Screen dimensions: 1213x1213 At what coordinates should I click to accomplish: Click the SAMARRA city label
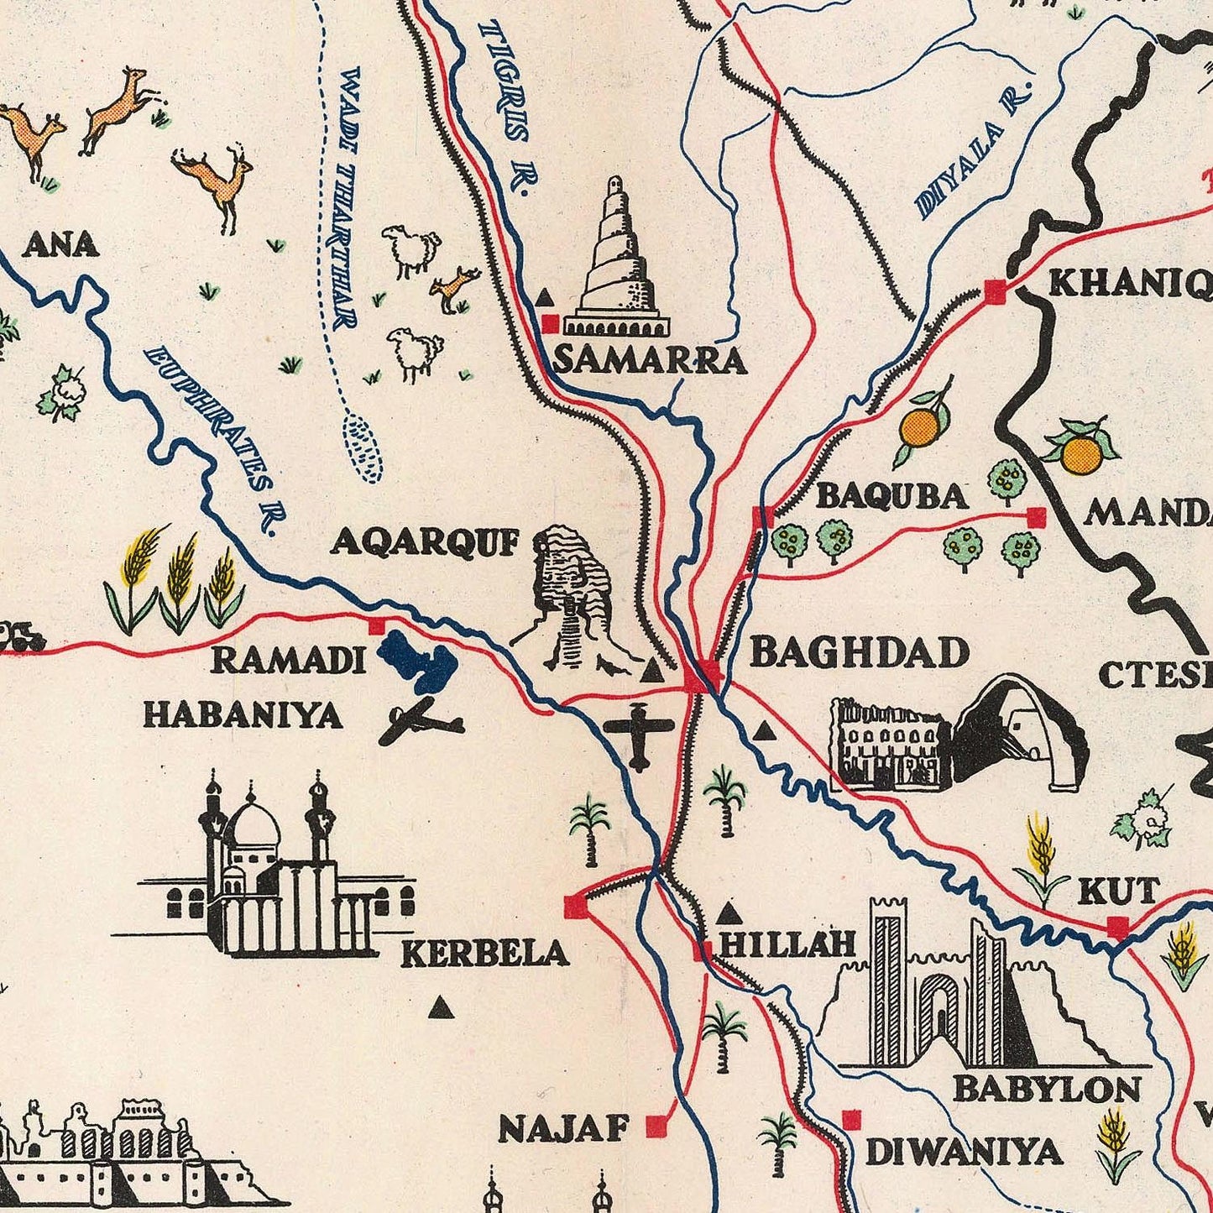[x=650, y=360]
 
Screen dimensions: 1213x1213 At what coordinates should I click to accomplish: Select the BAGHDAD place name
[x=859, y=652]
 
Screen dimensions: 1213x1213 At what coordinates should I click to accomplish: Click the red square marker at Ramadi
[x=377, y=625]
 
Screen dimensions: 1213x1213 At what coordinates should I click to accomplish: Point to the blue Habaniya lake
[x=418, y=661]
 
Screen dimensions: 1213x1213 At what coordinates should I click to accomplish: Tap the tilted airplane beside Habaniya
[x=420, y=721]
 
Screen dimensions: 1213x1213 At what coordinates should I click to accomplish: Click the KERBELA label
[x=484, y=954]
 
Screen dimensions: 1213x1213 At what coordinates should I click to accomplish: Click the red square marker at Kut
[x=1117, y=928]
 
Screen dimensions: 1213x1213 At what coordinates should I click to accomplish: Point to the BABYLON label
[x=1047, y=1089]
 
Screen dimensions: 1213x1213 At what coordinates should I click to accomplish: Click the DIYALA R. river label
[x=973, y=152]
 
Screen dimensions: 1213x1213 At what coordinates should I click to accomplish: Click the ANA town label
[x=61, y=244]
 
